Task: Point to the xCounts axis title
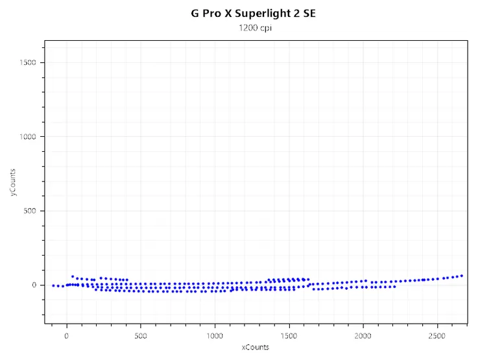[254, 347]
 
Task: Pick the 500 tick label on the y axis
[31, 211]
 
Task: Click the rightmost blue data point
[461, 276]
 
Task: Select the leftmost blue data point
[53, 285]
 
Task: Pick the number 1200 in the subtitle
[247, 29]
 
